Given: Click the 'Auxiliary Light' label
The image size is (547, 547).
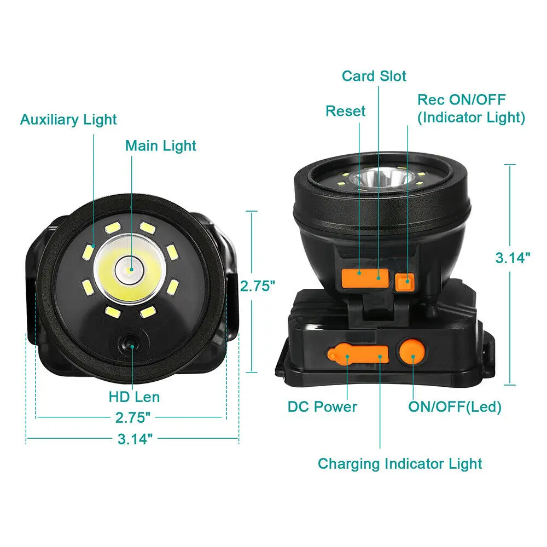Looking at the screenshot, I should [x=68, y=119].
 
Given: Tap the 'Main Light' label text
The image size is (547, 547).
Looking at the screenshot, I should [x=160, y=146].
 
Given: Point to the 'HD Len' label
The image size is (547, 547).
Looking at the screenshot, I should [x=135, y=397].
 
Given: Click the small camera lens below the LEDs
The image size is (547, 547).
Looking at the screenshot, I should [x=129, y=344].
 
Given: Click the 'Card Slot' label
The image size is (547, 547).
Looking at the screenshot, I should [x=374, y=75].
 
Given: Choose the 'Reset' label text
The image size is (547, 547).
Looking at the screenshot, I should [x=345, y=111].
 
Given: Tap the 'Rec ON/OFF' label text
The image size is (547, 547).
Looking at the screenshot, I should [x=461, y=100].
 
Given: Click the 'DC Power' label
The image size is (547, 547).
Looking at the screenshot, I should [x=322, y=407].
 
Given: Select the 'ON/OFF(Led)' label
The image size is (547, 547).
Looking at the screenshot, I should [x=455, y=407].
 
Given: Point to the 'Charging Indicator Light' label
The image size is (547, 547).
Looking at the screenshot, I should [x=400, y=464].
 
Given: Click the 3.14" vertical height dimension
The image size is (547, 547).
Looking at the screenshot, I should [x=513, y=258].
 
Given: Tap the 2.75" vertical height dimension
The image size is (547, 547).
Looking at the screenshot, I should [x=256, y=286].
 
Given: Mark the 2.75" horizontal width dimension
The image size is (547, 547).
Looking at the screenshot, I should [x=132, y=418].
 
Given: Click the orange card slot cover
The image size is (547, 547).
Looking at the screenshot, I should [x=365, y=275].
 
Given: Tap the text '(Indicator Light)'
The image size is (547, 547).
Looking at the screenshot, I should [x=471, y=117].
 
